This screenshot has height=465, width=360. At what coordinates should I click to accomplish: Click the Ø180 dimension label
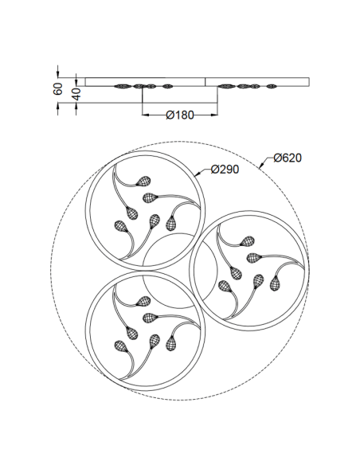(180, 115)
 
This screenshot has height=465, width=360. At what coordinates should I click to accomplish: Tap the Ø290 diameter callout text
(226, 170)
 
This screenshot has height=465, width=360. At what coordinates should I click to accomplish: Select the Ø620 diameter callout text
(287, 158)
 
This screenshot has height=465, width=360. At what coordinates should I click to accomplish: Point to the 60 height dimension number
(58, 89)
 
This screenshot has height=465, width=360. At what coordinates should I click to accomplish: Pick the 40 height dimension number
(76, 92)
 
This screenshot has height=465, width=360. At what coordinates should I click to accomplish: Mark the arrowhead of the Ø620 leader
(260, 167)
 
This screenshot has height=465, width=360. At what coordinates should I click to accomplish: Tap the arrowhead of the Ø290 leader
(194, 173)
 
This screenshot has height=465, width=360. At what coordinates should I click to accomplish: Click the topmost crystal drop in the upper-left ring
(146, 179)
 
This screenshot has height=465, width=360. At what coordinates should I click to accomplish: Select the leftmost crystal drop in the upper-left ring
(122, 226)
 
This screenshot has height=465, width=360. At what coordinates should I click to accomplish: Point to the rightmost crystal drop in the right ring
(276, 282)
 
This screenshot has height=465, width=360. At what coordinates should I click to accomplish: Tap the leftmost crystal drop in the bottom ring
(121, 348)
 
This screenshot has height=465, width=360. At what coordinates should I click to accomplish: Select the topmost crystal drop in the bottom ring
(145, 302)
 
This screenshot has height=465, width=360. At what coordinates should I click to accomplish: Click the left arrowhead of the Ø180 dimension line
(144, 116)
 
